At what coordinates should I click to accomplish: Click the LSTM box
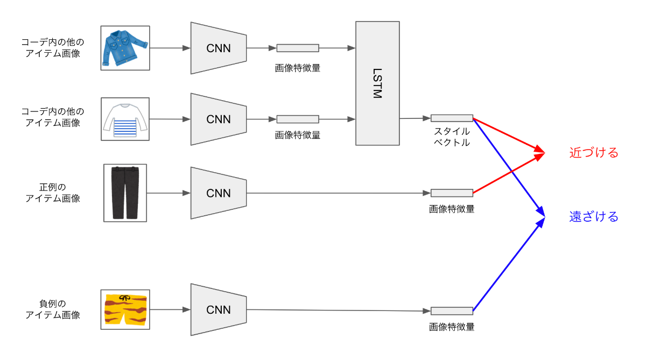point(377,83)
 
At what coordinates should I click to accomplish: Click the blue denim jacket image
point(125,48)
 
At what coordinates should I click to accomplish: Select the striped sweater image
point(125,119)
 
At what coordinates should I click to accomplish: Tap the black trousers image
point(125,193)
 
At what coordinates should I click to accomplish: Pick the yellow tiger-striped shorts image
point(125,309)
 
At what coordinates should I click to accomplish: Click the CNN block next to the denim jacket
point(219,48)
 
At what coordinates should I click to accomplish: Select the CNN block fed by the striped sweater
point(219,119)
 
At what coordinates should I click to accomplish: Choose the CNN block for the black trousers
point(219,193)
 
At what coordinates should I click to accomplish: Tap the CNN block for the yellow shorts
point(219,309)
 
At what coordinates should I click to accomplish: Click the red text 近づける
point(594,153)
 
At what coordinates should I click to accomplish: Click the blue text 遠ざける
point(594,217)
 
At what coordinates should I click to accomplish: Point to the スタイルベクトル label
point(452,137)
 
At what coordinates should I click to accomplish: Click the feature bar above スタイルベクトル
point(452,118)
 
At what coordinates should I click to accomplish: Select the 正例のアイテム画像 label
point(53,193)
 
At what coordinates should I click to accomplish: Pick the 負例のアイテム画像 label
point(53,309)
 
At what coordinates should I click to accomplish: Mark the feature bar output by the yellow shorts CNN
point(452,310)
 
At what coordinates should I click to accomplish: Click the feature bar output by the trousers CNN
point(452,193)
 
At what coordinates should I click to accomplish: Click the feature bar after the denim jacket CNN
point(298,48)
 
